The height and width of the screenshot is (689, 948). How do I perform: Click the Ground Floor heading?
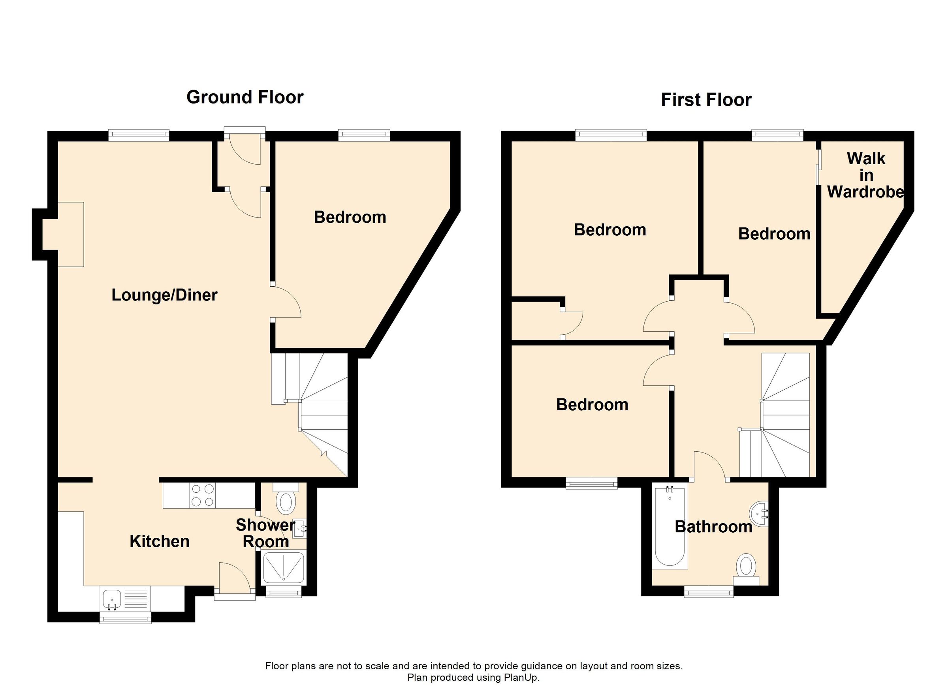click(245, 98)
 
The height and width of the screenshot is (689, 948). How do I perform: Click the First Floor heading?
click(706, 100)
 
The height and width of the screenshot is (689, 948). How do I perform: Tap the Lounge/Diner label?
click(164, 295)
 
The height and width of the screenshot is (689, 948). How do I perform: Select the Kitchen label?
click(159, 541)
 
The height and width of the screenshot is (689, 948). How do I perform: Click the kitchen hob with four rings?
click(203, 496)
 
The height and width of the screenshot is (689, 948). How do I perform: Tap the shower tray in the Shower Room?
click(283, 567)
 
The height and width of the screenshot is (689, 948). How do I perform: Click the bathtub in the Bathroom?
click(670, 526)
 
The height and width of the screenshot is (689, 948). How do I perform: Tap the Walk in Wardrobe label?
click(866, 175)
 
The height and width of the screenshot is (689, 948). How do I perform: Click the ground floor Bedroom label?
click(350, 217)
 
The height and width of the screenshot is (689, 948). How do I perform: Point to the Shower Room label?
click(265, 533)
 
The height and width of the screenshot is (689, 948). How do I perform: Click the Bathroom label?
click(713, 527)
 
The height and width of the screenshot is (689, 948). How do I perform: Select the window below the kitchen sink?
click(125, 618)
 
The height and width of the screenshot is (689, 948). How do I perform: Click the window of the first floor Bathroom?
click(709, 591)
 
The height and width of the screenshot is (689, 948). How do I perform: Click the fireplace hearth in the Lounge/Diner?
click(71, 235)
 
